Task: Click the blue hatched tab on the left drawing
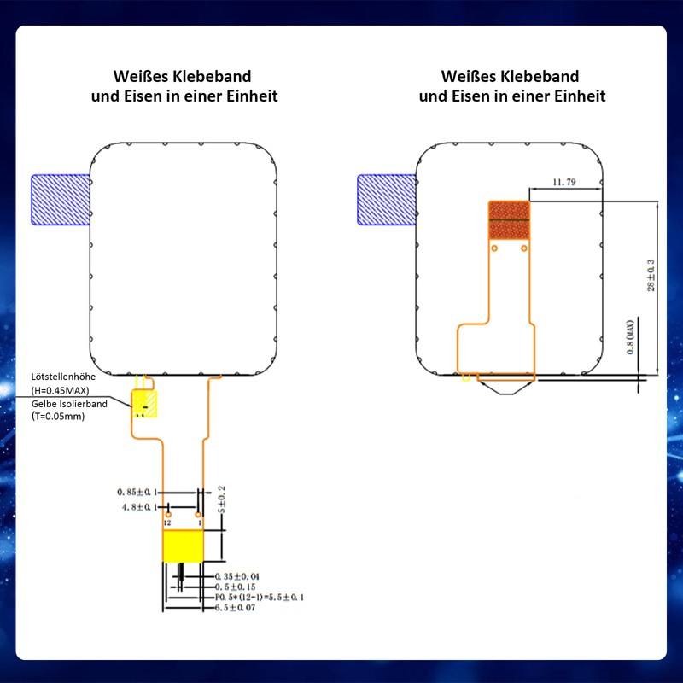pyautogui.click(x=60, y=200)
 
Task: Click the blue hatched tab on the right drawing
pyautogui.click(x=386, y=200)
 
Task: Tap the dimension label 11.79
pyautogui.click(x=565, y=182)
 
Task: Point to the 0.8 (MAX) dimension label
pyautogui.click(x=630, y=337)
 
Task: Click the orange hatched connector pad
pyautogui.click(x=509, y=220)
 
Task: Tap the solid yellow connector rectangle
pyautogui.click(x=184, y=545)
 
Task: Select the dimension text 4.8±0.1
pyautogui.click(x=140, y=507)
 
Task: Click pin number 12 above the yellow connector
pyautogui.click(x=167, y=522)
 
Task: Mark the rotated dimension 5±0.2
pyautogui.click(x=223, y=499)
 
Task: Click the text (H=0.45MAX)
pyautogui.click(x=65, y=390)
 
